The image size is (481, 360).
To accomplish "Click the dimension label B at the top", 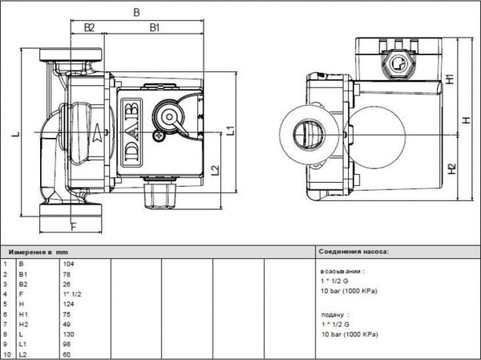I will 136,12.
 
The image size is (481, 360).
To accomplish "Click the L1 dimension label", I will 230,129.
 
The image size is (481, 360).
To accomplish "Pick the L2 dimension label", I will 214,169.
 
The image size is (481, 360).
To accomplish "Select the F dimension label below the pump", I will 72,226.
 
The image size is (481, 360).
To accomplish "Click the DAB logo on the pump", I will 132,128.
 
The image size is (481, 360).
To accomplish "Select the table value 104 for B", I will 67,263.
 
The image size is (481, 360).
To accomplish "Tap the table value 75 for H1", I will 67,313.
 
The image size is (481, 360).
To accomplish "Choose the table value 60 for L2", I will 67,354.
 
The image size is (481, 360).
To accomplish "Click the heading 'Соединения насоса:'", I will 353,251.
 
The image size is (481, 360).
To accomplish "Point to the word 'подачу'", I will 332,314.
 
